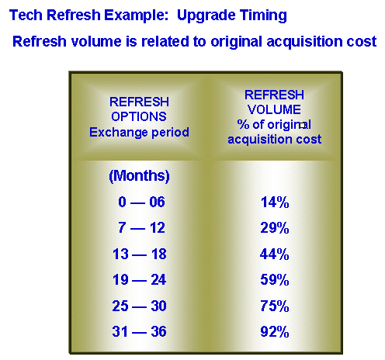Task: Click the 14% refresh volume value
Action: pos(275,202)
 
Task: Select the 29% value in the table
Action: pos(275,228)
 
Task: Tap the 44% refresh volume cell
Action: pos(275,254)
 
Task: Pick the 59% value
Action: pos(275,279)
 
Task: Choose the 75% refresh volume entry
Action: pos(275,306)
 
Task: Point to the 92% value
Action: pos(275,331)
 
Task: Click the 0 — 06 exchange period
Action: pos(141,202)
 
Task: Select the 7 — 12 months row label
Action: pos(141,227)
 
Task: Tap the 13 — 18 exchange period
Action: pos(140,254)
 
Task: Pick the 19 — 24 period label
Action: pos(139,279)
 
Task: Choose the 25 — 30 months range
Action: pos(139,306)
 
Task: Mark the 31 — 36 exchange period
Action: pos(139,331)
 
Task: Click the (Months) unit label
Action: pos(139,176)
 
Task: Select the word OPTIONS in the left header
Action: pos(139,116)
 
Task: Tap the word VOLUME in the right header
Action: pos(274,109)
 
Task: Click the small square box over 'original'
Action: pos(302,126)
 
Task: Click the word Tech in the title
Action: pos(26,15)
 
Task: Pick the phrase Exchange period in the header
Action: pos(139,132)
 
